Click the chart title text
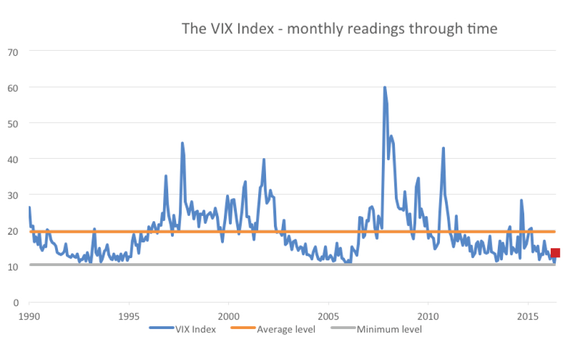coord(339,28)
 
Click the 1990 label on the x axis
coord(29,316)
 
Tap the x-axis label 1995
coord(129,316)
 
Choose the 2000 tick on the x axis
coord(229,316)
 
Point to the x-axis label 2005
coord(328,316)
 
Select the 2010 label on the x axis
coord(428,316)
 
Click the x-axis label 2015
coord(528,316)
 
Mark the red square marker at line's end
coord(555,253)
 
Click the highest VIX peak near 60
coord(385,87)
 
